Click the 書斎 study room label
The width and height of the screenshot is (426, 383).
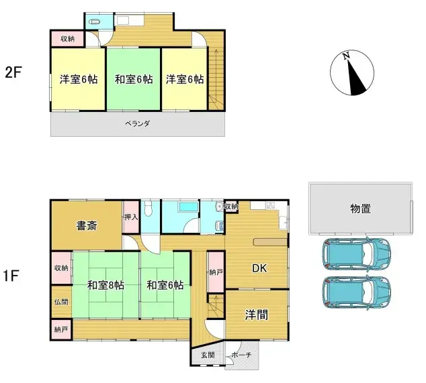tap(87, 225)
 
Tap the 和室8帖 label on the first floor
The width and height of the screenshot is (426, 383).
tap(106, 285)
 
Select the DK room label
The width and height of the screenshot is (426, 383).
tap(259, 268)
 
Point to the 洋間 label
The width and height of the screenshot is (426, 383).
tap(257, 315)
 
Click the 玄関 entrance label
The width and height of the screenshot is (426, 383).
tap(208, 355)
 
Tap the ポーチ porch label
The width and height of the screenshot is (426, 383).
tap(241, 355)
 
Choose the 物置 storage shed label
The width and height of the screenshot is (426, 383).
tap(361, 209)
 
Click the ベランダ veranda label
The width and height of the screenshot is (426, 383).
tap(138, 123)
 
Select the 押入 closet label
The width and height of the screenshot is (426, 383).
tap(131, 217)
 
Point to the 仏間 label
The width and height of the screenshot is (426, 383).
tap(61, 302)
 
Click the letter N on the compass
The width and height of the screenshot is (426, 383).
tap(346, 56)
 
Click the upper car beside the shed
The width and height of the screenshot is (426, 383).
tap(357, 254)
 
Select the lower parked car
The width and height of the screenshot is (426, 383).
tap(357, 292)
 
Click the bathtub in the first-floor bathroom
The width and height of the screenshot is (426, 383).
tap(189, 207)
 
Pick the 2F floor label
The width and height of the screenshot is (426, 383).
tap(13, 72)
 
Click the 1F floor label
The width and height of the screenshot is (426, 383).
tap(11, 276)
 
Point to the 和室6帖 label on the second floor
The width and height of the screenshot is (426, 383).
tap(134, 79)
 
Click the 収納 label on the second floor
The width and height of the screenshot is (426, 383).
tap(67, 39)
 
